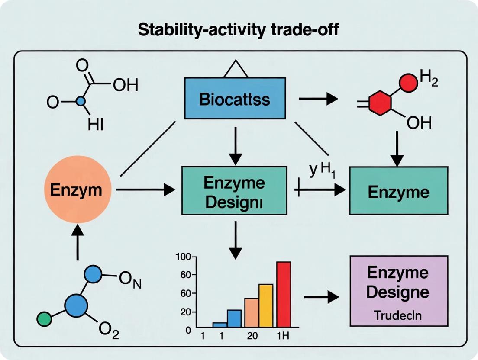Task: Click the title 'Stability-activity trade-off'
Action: coord(239,32)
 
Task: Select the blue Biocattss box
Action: coord(235,98)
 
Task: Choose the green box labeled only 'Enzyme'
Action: coord(398,191)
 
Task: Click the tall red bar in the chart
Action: coord(284,294)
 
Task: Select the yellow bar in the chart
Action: coord(265,305)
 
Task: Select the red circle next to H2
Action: coord(407,83)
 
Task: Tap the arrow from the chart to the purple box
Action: coord(321,297)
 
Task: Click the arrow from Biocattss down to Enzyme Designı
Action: coord(235,146)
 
